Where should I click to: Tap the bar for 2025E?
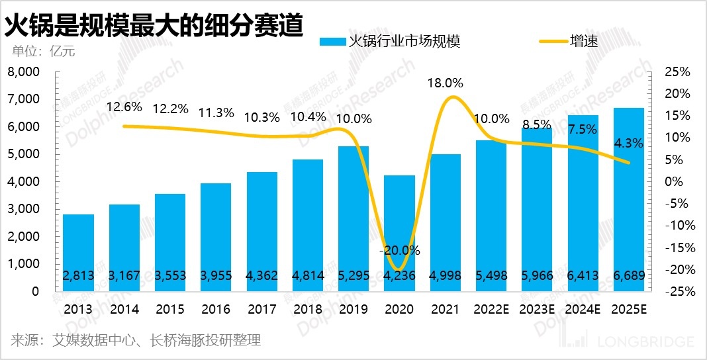click(628, 199)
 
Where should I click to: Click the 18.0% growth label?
click(445, 83)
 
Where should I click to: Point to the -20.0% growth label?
click(399, 251)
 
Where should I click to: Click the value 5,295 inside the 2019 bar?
click(353, 275)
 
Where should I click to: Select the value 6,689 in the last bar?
click(628, 275)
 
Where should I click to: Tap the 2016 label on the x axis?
click(216, 308)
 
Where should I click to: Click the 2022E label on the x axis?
click(491, 308)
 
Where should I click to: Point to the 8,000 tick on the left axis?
click(23, 71)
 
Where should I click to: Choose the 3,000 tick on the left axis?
click(23, 208)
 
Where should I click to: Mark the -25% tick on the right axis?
click(675, 291)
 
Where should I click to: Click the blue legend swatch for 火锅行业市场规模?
click(332, 42)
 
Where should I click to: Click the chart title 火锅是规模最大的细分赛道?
click(154, 25)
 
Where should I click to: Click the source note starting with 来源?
click(136, 340)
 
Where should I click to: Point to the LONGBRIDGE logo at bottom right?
click(636, 341)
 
